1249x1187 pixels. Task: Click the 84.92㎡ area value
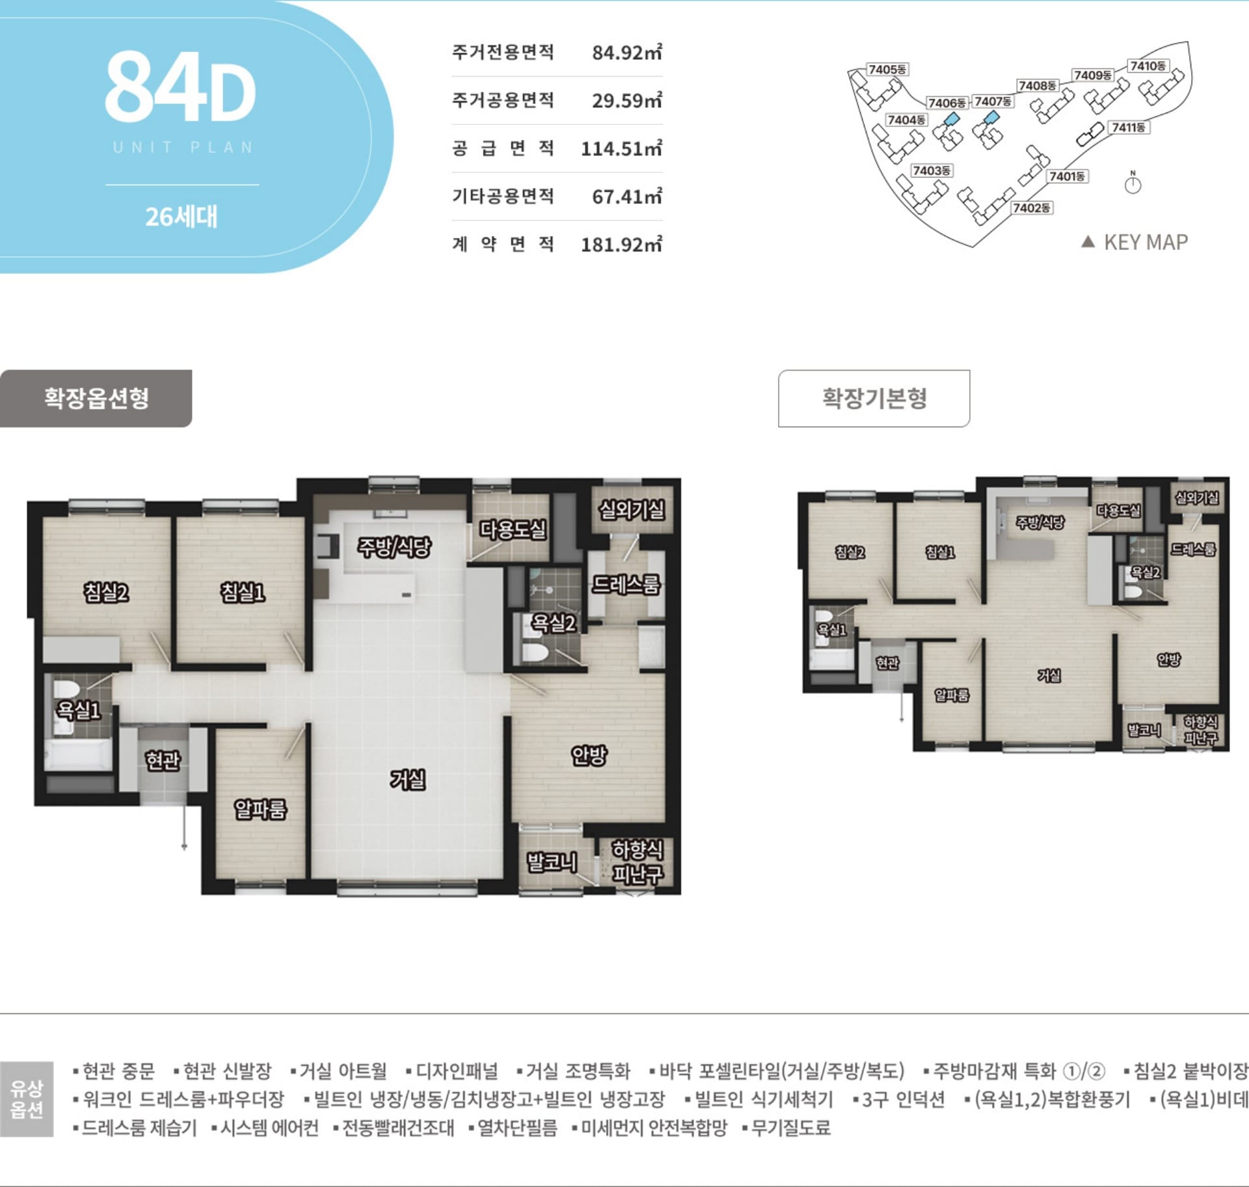[x=626, y=52]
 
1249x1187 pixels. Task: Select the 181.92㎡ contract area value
[x=621, y=245]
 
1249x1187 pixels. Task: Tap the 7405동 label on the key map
[x=887, y=70]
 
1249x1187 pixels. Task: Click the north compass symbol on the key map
[x=1133, y=184]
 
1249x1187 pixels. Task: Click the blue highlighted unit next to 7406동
[x=952, y=118]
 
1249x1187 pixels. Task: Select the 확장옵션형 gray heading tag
[x=96, y=398]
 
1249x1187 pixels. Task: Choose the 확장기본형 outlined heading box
[x=874, y=398]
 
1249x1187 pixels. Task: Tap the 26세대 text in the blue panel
[x=181, y=217]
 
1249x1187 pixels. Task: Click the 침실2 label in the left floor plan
[x=106, y=592]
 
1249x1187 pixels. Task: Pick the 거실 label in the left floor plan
[x=408, y=779]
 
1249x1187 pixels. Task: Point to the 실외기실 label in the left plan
[x=632, y=509]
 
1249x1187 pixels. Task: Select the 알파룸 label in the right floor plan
[x=952, y=695]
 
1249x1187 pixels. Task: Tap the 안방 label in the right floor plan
[x=1168, y=660]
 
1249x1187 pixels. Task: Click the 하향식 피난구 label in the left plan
[x=638, y=861]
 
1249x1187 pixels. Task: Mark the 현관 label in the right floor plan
[x=887, y=662]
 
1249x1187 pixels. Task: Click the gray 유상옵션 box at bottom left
[x=27, y=1099]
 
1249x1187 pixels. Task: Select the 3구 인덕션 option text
[x=902, y=1099]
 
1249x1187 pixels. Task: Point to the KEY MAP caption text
[x=1145, y=243]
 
